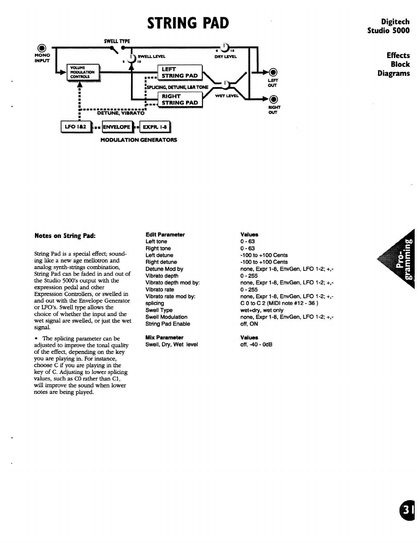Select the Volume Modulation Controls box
click(83, 72)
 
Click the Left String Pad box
click(179, 72)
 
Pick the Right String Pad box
click(179, 99)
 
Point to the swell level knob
click(131, 59)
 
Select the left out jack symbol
click(273, 72)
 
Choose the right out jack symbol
click(273, 99)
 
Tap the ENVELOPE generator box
click(117, 127)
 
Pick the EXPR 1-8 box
click(155, 127)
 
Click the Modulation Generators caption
click(139, 140)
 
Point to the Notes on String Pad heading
click(65, 236)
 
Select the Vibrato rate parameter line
click(160, 290)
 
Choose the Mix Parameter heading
click(164, 338)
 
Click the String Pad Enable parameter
click(167, 324)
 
